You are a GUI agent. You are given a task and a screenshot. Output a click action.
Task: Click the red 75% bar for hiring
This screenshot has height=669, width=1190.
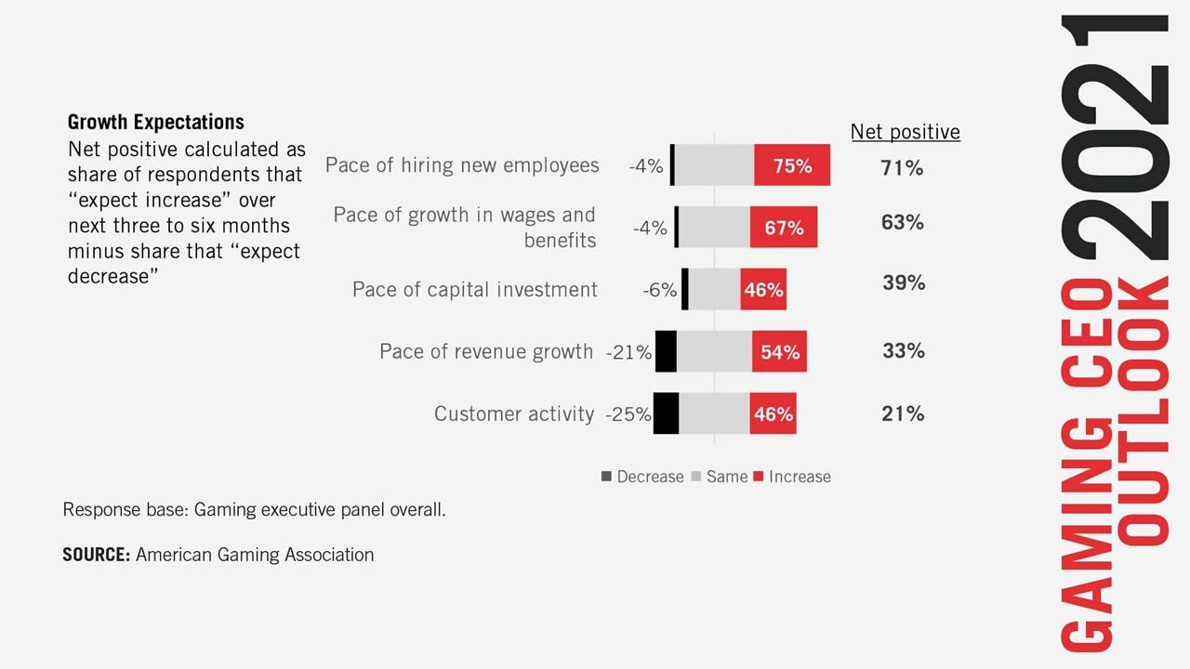click(791, 165)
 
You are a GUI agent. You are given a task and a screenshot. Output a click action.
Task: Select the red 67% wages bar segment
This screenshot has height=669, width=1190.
click(783, 227)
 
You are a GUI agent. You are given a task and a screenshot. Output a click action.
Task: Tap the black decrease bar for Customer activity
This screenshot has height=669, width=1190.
click(666, 413)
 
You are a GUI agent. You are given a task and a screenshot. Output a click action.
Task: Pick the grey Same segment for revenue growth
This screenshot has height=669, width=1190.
click(714, 351)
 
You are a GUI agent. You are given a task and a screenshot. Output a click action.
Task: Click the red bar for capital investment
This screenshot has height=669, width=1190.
click(762, 290)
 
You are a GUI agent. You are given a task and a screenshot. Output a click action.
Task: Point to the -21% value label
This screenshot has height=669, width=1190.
click(628, 352)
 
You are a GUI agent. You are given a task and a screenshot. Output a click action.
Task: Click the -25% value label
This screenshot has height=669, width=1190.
click(628, 414)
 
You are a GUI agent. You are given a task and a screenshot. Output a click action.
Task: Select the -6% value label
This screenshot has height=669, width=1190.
click(659, 290)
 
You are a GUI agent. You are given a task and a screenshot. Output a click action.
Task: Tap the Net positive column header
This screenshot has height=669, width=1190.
click(905, 132)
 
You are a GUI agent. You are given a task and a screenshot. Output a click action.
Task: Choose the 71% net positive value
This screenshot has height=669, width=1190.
click(902, 168)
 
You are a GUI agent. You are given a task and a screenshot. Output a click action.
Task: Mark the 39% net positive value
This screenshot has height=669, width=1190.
click(903, 282)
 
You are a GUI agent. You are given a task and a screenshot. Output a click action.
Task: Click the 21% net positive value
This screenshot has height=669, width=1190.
click(903, 414)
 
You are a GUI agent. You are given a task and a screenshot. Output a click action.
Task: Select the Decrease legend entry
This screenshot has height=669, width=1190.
click(642, 477)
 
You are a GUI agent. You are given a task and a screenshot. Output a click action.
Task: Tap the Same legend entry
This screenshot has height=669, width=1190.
click(720, 477)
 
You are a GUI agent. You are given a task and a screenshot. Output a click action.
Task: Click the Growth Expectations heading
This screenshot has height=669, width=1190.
click(156, 122)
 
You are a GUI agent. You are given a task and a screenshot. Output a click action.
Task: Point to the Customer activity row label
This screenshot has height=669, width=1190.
click(513, 414)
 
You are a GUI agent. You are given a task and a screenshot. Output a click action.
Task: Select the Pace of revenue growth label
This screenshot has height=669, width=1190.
click(485, 351)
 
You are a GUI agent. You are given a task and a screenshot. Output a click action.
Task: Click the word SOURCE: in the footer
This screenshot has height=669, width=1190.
click(96, 555)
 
